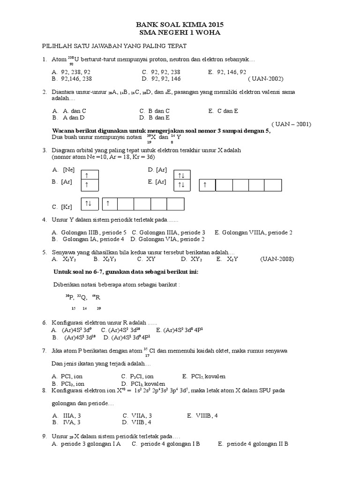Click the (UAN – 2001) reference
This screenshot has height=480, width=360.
(291, 124)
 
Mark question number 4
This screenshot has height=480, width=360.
(44, 219)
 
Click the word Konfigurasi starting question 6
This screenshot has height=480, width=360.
(69, 323)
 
